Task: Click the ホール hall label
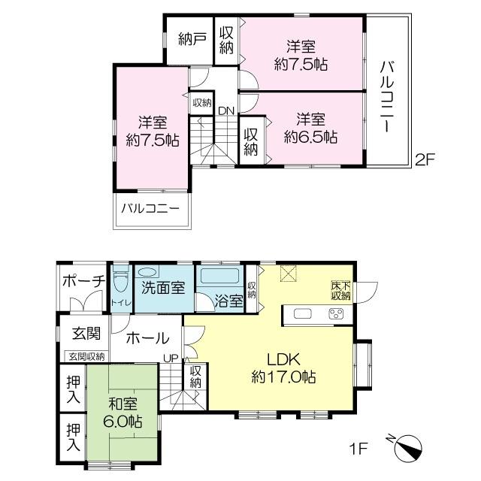(148, 339)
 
